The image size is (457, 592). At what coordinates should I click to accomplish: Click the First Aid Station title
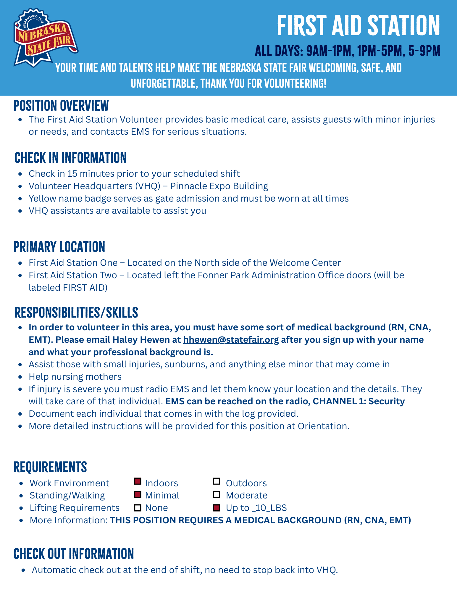(358, 26)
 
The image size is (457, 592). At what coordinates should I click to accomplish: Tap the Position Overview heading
(61, 106)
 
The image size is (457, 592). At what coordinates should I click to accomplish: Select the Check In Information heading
(70, 158)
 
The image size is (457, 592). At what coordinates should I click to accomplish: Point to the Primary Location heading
(59, 247)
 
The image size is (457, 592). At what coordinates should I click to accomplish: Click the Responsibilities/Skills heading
(76, 313)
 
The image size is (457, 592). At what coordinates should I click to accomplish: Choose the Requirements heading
(50, 467)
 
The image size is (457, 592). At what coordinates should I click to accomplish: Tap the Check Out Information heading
(74, 554)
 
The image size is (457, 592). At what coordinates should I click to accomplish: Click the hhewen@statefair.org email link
(231, 340)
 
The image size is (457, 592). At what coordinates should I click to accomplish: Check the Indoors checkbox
(138, 482)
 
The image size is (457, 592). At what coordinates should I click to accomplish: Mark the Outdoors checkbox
(217, 482)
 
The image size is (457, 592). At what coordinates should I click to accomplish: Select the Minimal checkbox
(138, 494)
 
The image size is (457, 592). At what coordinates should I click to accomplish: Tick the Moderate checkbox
(217, 494)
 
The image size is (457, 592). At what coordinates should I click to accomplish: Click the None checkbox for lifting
(138, 508)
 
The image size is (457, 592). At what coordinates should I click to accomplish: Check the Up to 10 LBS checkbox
(217, 508)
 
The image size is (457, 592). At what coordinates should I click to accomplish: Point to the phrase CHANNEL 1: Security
(359, 401)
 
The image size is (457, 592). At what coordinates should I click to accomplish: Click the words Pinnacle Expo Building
(219, 186)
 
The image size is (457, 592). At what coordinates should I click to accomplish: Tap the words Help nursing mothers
(75, 377)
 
